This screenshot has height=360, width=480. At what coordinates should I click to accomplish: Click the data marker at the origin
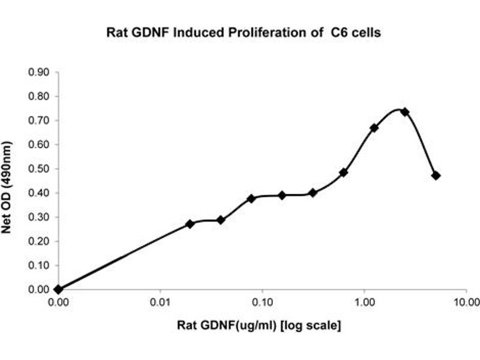coord(58,289)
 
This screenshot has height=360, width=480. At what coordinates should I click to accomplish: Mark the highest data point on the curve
coord(405,112)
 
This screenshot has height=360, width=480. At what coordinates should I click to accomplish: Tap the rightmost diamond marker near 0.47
coord(436,175)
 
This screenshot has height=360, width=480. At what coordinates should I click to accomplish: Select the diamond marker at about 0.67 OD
coord(374,128)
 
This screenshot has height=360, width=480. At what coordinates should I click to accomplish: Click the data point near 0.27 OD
coord(190,224)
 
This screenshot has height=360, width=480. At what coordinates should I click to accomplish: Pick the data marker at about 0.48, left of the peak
coord(344,172)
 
